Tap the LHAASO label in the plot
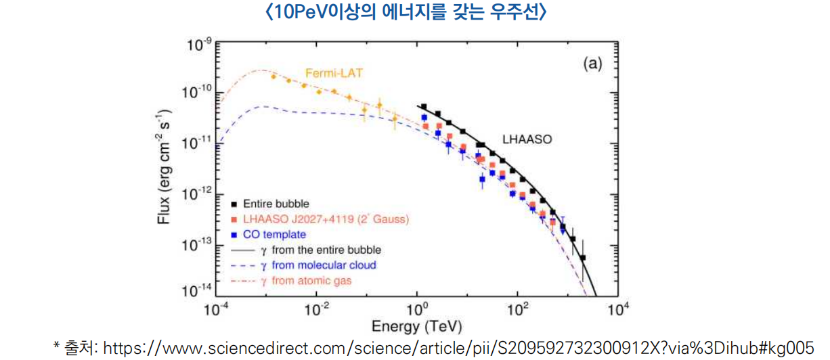point(527,140)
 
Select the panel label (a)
point(592,64)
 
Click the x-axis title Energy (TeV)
point(416,327)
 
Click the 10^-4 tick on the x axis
point(217,309)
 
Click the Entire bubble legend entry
point(276,203)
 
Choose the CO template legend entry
point(274,235)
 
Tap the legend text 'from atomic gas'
point(315,280)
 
